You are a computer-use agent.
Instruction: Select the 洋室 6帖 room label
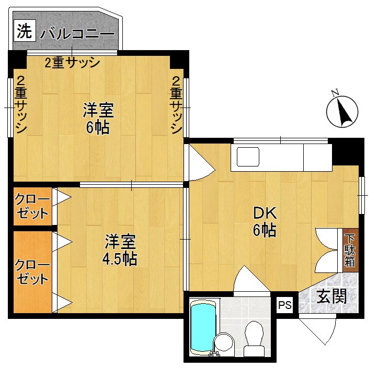coord(98,118)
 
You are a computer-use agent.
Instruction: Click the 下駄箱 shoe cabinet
coord(350,250)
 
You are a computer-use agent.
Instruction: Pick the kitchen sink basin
coord(248,157)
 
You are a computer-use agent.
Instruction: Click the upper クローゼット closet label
coord(32,206)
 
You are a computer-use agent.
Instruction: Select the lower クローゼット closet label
coord(32,272)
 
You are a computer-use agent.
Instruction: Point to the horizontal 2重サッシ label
coord(72,63)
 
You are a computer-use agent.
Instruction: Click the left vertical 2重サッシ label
coord(20,104)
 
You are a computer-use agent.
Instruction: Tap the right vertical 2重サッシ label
coord(176,104)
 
